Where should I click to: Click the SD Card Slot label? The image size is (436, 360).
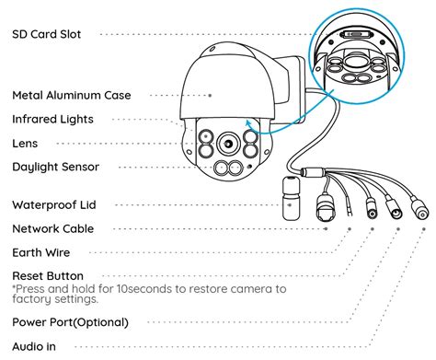click(x=47, y=34)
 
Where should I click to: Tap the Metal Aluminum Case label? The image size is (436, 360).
click(x=72, y=95)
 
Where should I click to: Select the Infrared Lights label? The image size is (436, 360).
click(x=52, y=120)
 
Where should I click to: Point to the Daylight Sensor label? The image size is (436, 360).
click(x=55, y=167)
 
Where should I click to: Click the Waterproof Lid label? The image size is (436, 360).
click(x=54, y=204)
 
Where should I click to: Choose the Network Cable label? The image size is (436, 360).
click(x=53, y=228)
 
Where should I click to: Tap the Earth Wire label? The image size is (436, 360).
click(x=41, y=252)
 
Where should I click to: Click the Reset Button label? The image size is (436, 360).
click(x=48, y=276)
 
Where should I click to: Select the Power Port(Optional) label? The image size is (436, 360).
click(x=70, y=322)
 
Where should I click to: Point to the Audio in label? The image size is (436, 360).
click(x=34, y=346)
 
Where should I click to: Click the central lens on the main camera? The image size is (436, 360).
click(x=228, y=144)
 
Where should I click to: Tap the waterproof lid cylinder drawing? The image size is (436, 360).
click(x=291, y=198)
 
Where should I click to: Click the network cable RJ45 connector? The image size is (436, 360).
click(x=326, y=207)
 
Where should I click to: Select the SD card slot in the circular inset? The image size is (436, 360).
click(x=356, y=34)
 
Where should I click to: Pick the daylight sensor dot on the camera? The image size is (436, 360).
click(x=250, y=167)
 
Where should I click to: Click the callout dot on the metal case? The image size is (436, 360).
click(x=210, y=96)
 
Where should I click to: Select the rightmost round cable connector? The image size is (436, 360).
click(x=419, y=209)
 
